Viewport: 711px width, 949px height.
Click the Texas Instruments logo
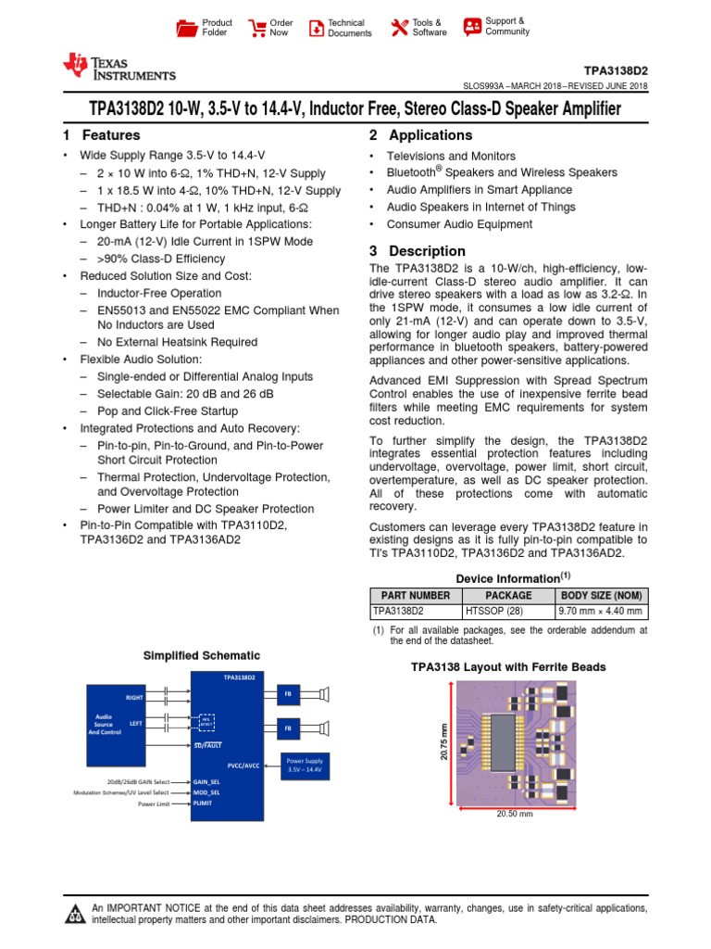118,68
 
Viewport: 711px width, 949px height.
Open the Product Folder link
217,28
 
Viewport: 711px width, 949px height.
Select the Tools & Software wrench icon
400,28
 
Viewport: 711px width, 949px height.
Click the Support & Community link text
507,26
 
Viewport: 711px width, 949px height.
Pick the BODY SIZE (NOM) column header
601,595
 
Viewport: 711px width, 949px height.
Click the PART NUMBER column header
416,595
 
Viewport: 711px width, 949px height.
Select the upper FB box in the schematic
288,694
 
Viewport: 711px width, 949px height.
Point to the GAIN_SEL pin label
206,782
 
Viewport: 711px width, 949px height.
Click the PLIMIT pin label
203,803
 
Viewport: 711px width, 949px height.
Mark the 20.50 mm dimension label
515,815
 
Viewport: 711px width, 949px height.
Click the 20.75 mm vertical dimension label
443,743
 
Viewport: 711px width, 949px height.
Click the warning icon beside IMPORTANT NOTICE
74,916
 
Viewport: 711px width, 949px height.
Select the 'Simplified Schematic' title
201,655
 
